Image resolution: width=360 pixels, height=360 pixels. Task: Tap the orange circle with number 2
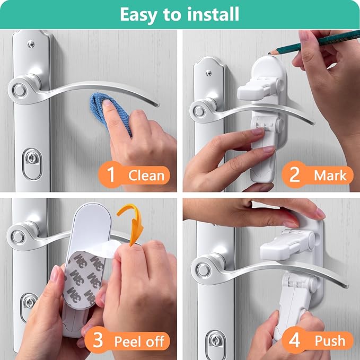(x=294, y=174)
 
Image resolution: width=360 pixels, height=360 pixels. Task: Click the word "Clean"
(x=145, y=175)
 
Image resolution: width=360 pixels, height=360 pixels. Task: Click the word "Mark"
(x=329, y=175)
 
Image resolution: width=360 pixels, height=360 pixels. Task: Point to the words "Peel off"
(x=139, y=340)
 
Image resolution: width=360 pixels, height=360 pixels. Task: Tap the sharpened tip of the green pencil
(x=270, y=52)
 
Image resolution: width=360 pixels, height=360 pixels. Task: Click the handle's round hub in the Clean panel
(x=20, y=88)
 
